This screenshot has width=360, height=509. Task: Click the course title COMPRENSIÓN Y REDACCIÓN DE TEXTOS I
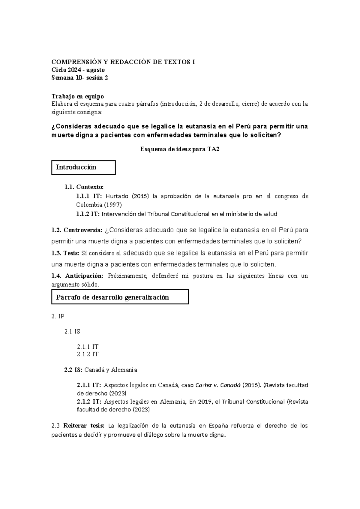[x=123, y=62]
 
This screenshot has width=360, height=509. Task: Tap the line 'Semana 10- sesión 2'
[x=79, y=78]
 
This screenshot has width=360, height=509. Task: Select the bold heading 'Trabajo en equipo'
[x=78, y=96]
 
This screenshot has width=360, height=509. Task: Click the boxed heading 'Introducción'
[x=76, y=167]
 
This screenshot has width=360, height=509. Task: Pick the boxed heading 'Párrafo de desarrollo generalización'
[x=112, y=297]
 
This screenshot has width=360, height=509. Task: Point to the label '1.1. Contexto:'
[x=84, y=187]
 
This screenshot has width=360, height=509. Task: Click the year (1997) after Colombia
[x=113, y=205]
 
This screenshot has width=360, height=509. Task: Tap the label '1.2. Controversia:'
[x=77, y=230]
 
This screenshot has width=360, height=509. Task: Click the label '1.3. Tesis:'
[x=65, y=253]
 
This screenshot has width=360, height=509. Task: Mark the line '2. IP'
[x=58, y=316]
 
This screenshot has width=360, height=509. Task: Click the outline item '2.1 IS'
[x=72, y=332]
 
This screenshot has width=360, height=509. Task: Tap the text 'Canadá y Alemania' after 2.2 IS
[x=111, y=370]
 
